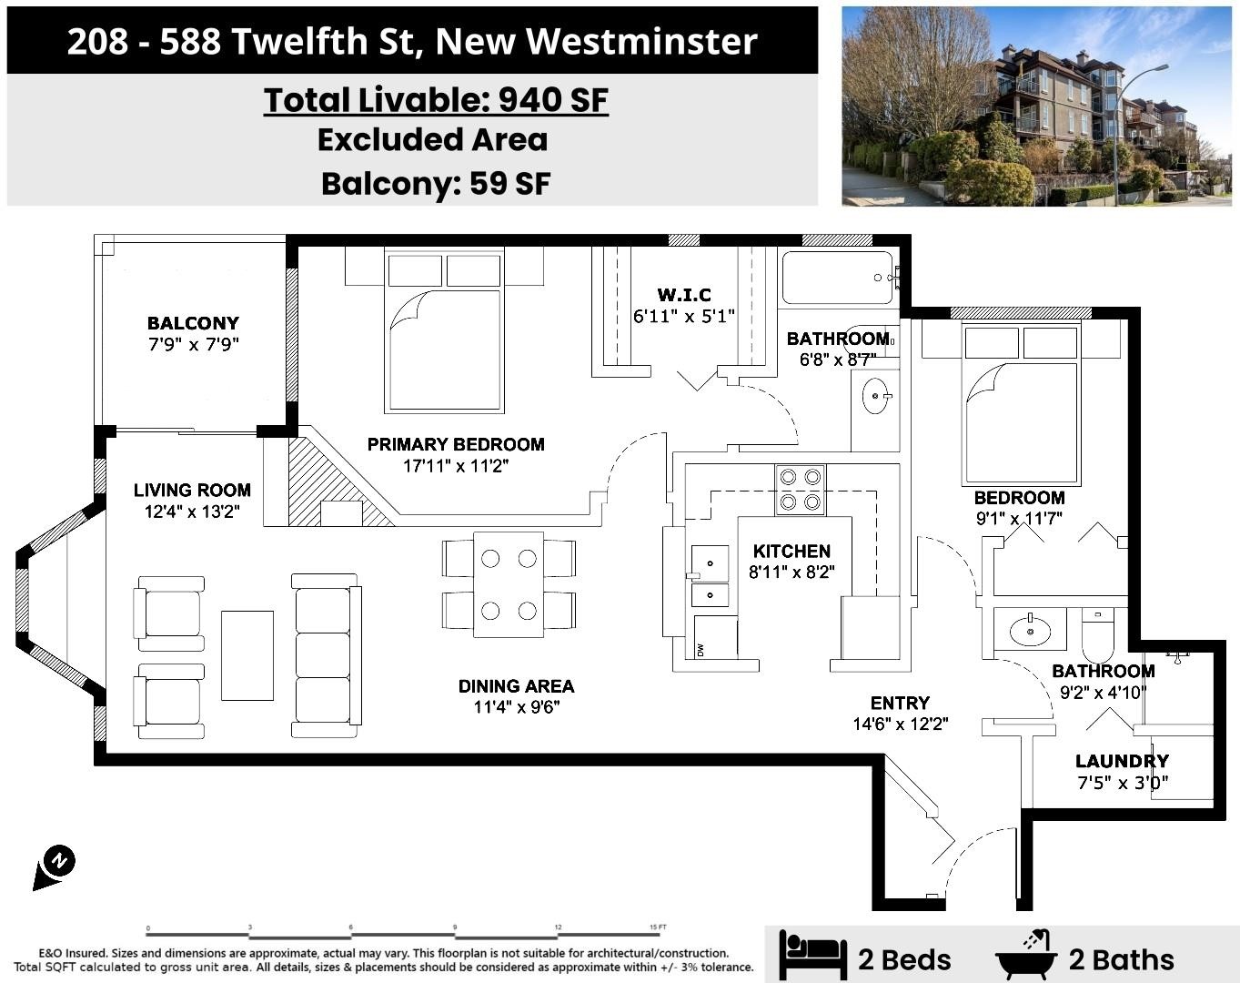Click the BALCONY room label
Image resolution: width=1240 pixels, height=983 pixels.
[x=193, y=323]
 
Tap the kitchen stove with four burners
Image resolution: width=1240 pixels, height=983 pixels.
[x=800, y=490]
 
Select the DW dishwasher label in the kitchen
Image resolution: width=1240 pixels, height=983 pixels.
[x=701, y=651]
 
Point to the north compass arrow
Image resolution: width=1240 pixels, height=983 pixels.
[x=55, y=867]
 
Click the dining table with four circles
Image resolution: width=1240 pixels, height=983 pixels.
[x=509, y=584]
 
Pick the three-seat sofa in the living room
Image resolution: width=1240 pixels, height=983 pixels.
[x=326, y=655]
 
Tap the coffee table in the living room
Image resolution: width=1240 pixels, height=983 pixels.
[x=247, y=655]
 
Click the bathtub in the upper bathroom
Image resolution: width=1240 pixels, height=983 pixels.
[x=838, y=278]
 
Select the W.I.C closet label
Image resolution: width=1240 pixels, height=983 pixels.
[x=684, y=295]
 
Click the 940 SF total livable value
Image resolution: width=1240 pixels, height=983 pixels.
[x=553, y=100]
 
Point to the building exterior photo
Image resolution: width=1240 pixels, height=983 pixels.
[x=1036, y=106]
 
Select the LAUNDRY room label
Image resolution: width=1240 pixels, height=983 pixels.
[x=1123, y=761]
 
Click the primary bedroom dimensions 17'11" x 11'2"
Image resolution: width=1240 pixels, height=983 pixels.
[x=456, y=465]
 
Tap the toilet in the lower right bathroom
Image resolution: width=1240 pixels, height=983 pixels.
[x=1098, y=635]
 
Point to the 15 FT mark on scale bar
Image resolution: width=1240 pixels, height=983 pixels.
[x=658, y=927]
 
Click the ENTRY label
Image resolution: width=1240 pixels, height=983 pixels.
[x=900, y=703]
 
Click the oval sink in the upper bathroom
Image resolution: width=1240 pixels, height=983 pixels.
[x=876, y=396]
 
